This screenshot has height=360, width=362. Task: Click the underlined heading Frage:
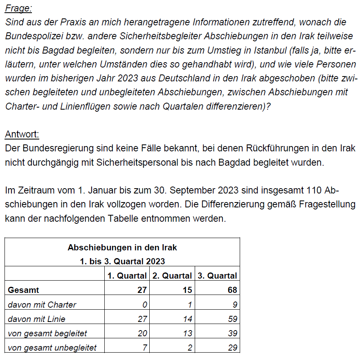click(18, 8)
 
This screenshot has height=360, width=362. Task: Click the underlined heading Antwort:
click(22, 134)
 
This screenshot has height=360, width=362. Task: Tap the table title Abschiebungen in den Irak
click(122, 248)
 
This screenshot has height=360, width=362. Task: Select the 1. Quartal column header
click(127, 276)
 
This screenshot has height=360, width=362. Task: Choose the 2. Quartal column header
click(172, 276)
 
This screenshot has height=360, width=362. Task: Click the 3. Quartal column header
click(217, 276)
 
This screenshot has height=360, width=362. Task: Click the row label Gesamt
click(23, 290)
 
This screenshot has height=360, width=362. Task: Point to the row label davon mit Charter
click(42, 304)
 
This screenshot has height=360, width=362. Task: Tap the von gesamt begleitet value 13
click(187, 333)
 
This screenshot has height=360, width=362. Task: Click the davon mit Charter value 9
click(235, 304)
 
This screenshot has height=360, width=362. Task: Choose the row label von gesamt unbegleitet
click(52, 348)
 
